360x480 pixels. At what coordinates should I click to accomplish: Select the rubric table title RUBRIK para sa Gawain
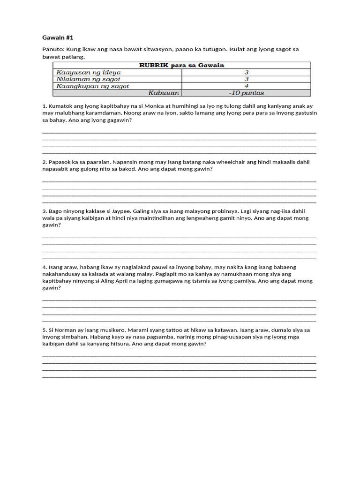pos(181,66)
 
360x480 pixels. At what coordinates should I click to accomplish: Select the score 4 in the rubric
pos(246,86)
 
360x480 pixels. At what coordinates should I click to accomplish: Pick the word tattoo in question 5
pos(167,330)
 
